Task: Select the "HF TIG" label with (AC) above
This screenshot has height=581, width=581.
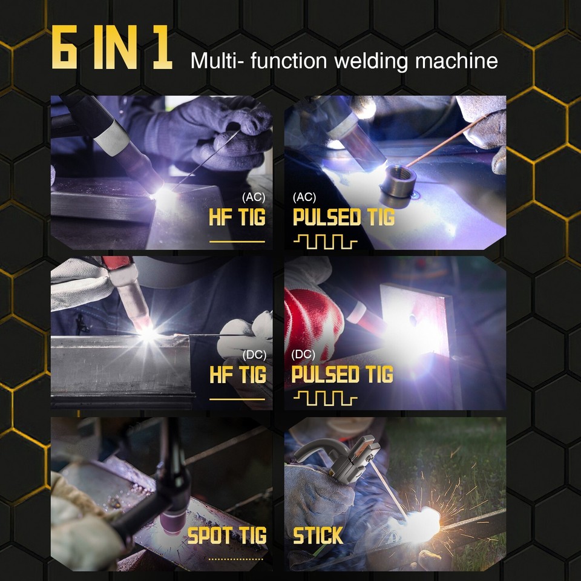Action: click(x=237, y=217)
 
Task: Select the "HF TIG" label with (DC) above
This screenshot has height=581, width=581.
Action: click(x=237, y=375)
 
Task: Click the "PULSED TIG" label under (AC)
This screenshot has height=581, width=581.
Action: click(x=343, y=217)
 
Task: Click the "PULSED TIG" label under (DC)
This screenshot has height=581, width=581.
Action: click(x=342, y=375)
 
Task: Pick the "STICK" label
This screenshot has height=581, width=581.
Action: click(x=318, y=536)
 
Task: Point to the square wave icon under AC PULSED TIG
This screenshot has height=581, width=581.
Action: click(x=325, y=242)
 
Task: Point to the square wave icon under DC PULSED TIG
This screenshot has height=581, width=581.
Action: click(x=325, y=398)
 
